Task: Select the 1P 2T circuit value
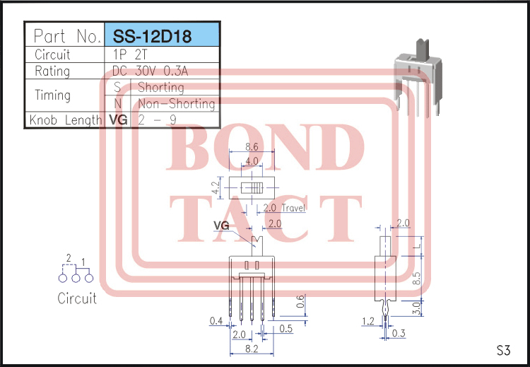126,54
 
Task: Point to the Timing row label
52,95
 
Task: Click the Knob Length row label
66,120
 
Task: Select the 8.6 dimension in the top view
252,148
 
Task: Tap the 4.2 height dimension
216,189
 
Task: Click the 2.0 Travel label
283,208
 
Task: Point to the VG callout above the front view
221,226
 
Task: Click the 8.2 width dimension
252,349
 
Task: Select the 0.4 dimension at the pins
216,322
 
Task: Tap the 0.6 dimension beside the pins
300,302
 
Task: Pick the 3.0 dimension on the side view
416,308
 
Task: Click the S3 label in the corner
502,350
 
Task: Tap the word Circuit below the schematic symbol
77,298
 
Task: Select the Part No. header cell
64,36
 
